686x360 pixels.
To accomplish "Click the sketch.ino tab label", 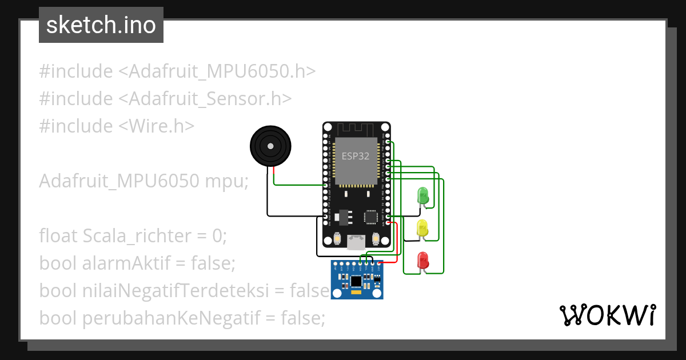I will coord(101,25).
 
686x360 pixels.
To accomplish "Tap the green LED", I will coord(423,195).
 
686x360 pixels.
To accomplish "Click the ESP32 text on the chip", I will coord(356,156).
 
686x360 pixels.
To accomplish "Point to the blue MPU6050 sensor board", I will coord(357,279).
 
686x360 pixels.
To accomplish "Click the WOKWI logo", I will coord(607,315).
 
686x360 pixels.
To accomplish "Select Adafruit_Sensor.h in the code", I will coord(205,98).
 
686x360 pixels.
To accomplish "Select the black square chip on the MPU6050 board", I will coord(356,281).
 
